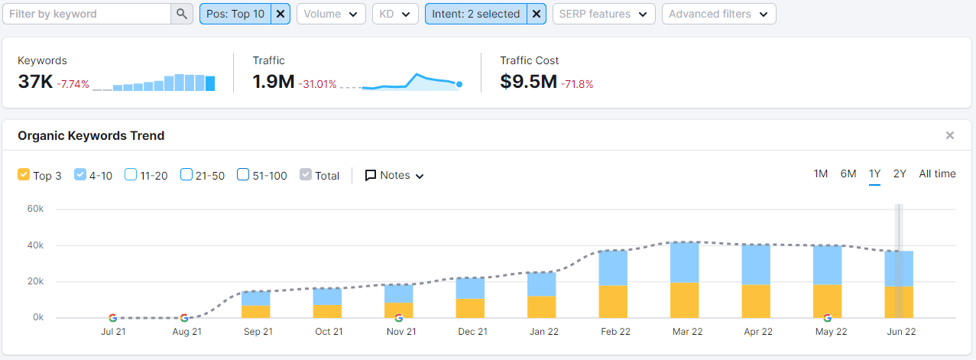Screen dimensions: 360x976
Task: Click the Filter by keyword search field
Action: (86, 14)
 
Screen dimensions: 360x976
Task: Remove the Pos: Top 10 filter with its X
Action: (280, 14)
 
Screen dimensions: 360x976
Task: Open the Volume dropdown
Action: (330, 14)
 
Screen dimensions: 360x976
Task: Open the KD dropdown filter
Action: (394, 14)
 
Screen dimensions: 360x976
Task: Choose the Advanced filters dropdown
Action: (718, 14)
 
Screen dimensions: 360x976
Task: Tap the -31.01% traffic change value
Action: (317, 84)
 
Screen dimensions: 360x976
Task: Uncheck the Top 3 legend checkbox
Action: (24, 175)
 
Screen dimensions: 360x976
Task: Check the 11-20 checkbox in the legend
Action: (131, 175)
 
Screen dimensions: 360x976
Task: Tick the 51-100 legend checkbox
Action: (243, 175)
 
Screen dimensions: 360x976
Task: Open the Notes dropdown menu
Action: (394, 175)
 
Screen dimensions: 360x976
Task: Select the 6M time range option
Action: (848, 174)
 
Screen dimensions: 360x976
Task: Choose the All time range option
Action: (937, 174)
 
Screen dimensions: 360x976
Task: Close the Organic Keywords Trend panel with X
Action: (950, 135)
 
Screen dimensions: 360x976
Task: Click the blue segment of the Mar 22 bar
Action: (684, 262)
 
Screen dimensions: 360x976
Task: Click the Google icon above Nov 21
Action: (398, 317)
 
